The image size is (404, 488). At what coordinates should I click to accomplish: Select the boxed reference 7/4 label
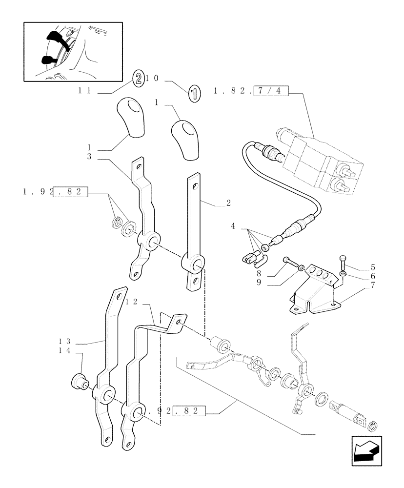[271, 91]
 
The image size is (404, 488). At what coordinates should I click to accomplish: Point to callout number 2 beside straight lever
[228, 203]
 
